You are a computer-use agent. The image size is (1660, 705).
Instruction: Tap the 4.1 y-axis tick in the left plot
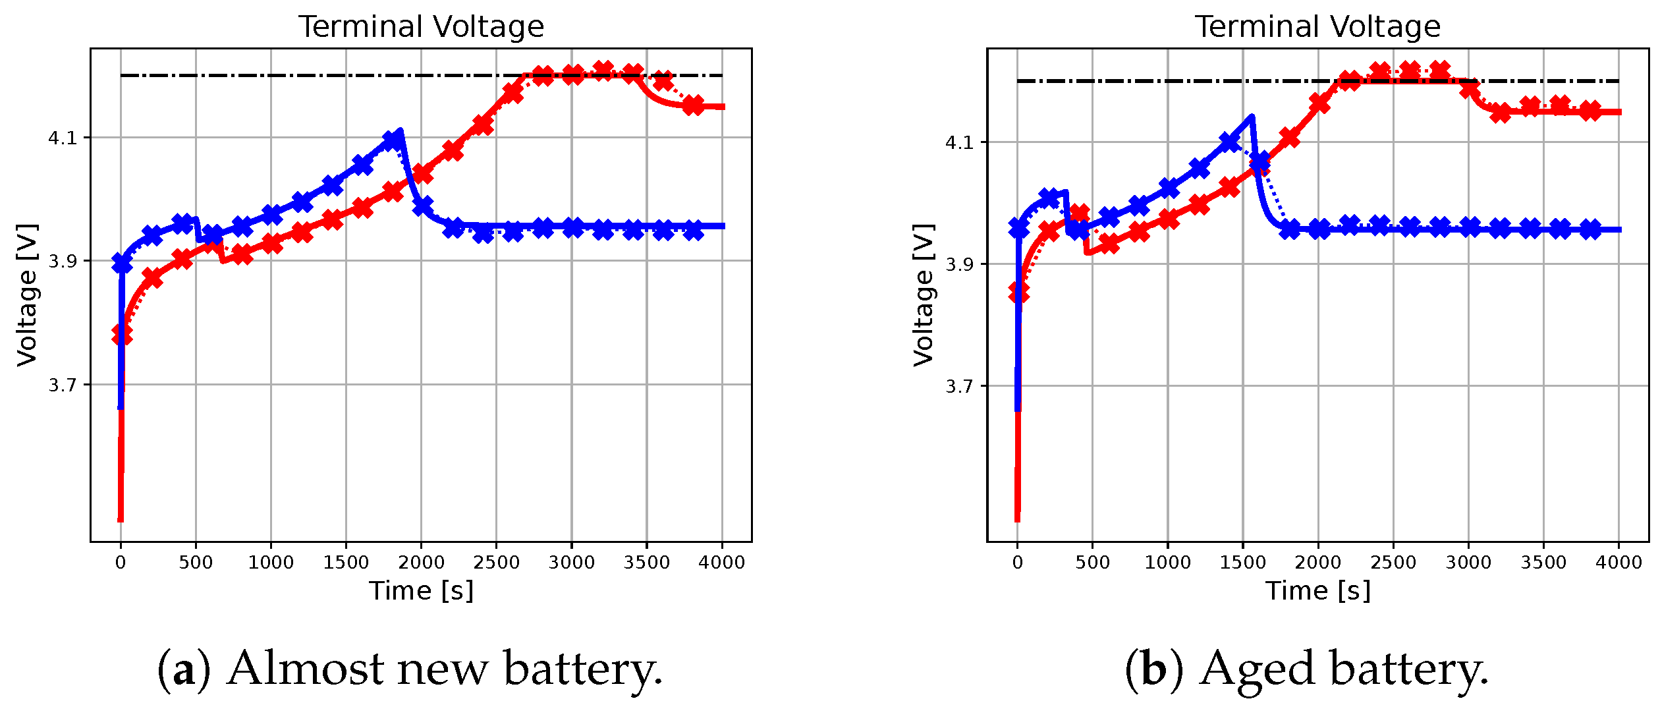(x=63, y=138)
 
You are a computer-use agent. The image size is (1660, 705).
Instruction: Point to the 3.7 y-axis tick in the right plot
(x=959, y=386)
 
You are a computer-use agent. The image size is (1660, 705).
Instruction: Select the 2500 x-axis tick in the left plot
(x=496, y=563)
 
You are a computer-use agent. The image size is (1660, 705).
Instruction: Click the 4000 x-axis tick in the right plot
(x=1619, y=563)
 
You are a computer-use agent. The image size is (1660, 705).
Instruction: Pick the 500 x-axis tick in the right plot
(x=1092, y=563)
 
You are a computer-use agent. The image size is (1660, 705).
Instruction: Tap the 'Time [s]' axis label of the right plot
(x=1317, y=591)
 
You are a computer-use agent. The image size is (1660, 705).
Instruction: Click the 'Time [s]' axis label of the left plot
(x=421, y=591)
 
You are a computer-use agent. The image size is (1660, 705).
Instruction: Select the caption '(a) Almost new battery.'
(x=410, y=669)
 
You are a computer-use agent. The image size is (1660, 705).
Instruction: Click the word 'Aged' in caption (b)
(x=1258, y=669)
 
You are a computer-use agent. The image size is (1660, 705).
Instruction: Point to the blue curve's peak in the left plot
(x=400, y=131)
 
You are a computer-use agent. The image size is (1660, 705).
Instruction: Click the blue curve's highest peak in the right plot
(x=1252, y=117)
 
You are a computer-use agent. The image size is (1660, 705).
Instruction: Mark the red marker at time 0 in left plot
(x=122, y=334)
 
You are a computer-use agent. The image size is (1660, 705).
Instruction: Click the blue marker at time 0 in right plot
(x=1018, y=228)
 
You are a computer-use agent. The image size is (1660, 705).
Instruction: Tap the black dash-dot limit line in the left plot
(x=329, y=76)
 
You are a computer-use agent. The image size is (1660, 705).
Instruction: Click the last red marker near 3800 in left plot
(x=693, y=105)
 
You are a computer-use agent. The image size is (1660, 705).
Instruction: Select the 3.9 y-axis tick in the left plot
(x=63, y=262)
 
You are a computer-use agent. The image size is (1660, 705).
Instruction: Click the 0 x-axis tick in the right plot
(x=1018, y=563)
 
